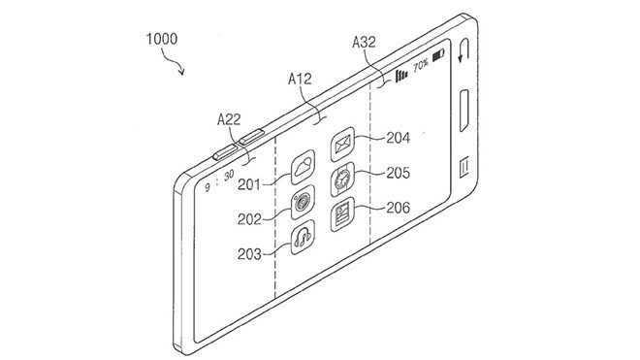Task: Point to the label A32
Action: coord(366,42)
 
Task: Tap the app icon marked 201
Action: coord(304,171)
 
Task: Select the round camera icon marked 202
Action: coord(304,203)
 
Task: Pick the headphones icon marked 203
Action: coord(304,236)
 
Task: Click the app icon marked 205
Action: coord(342,180)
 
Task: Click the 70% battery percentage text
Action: coord(421,67)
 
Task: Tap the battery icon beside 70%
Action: coord(439,58)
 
